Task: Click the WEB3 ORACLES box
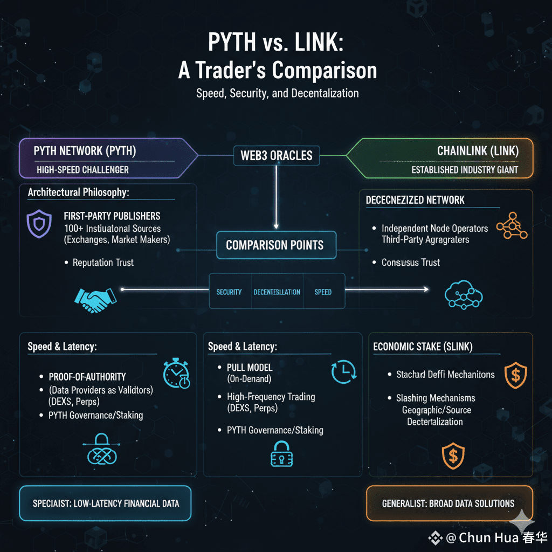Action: [276, 156]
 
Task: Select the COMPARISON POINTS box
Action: [275, 245]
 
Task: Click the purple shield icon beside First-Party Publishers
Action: [39, 224]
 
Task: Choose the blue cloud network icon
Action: [463, 294]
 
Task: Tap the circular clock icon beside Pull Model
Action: [343, 371]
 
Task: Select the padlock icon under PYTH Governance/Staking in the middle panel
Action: [280, 453]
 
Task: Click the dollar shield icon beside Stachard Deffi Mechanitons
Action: [515, 375]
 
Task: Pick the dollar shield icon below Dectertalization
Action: [453, 456]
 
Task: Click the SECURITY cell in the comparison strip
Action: [229, 292]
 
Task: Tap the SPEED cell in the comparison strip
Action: [323, 292]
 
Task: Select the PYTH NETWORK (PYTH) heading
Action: [85, 150]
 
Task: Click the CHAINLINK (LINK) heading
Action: [478, 150]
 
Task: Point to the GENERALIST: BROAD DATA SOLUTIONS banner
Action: [448, 503]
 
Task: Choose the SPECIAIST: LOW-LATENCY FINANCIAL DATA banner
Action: [106, 503]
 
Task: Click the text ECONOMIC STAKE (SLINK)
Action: [423, 347]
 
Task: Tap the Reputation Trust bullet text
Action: [103, 263]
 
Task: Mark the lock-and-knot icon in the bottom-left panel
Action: [102, 450]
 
